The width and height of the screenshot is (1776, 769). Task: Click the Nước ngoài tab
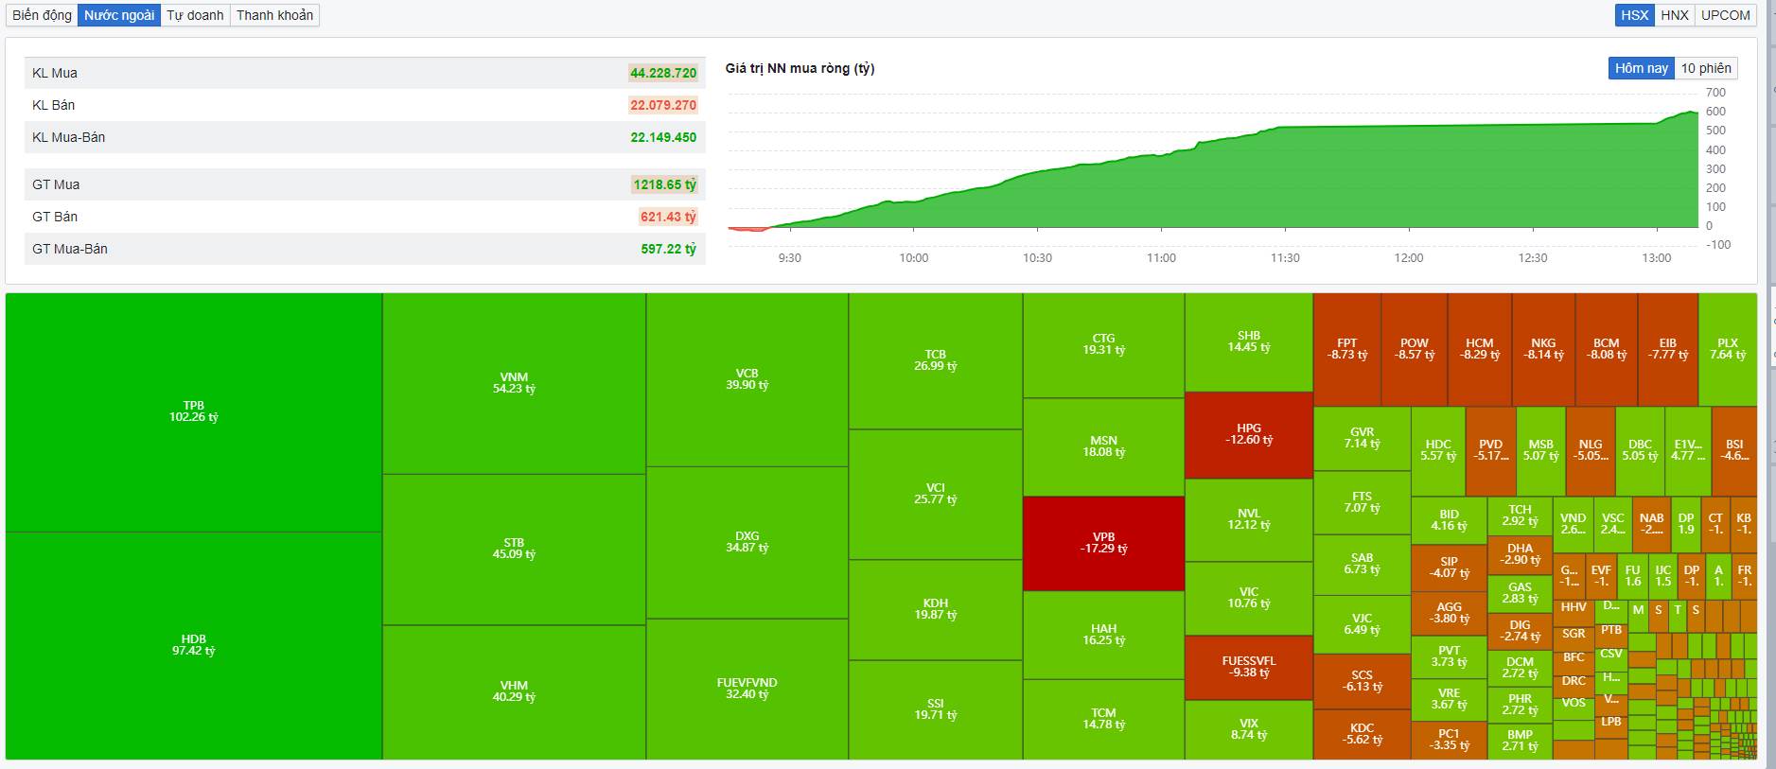[x=119, y=15]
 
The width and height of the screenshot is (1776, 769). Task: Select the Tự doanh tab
[x=195, y=15]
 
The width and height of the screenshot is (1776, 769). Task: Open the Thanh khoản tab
[x=274, y=15]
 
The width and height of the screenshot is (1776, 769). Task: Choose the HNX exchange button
[x=1674, y=15]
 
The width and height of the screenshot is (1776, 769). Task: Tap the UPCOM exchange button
[x=1725, y=15]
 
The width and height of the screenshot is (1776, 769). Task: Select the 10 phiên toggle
[x=1706, y=68]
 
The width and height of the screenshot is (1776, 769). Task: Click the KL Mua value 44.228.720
[x=663, y=73]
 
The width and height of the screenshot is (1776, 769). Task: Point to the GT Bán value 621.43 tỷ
[x=668, y=217]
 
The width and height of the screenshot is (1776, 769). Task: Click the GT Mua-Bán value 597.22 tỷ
[x=668, y=249]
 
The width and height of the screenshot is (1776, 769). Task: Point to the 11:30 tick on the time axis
[x=1285, y=257]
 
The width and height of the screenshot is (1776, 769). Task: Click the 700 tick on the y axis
[x=1715, y=93]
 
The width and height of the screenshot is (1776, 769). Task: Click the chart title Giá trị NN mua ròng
[x=800, y=68]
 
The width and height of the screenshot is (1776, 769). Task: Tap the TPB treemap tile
[x=194, y=411]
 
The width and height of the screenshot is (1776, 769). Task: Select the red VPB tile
[x=1103, y=543]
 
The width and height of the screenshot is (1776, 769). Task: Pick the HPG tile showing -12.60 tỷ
[x=1249, y=434]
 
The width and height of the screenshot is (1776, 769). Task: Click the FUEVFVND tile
[x=747, y=689]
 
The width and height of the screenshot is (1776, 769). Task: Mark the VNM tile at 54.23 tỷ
[x=514, y=383]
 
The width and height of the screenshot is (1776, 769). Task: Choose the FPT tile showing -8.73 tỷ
[x=1346, y=349]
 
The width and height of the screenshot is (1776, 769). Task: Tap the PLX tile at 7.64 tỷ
[x=1727, y=349]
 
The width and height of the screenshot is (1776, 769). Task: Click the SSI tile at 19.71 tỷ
[x=935, y=709]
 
